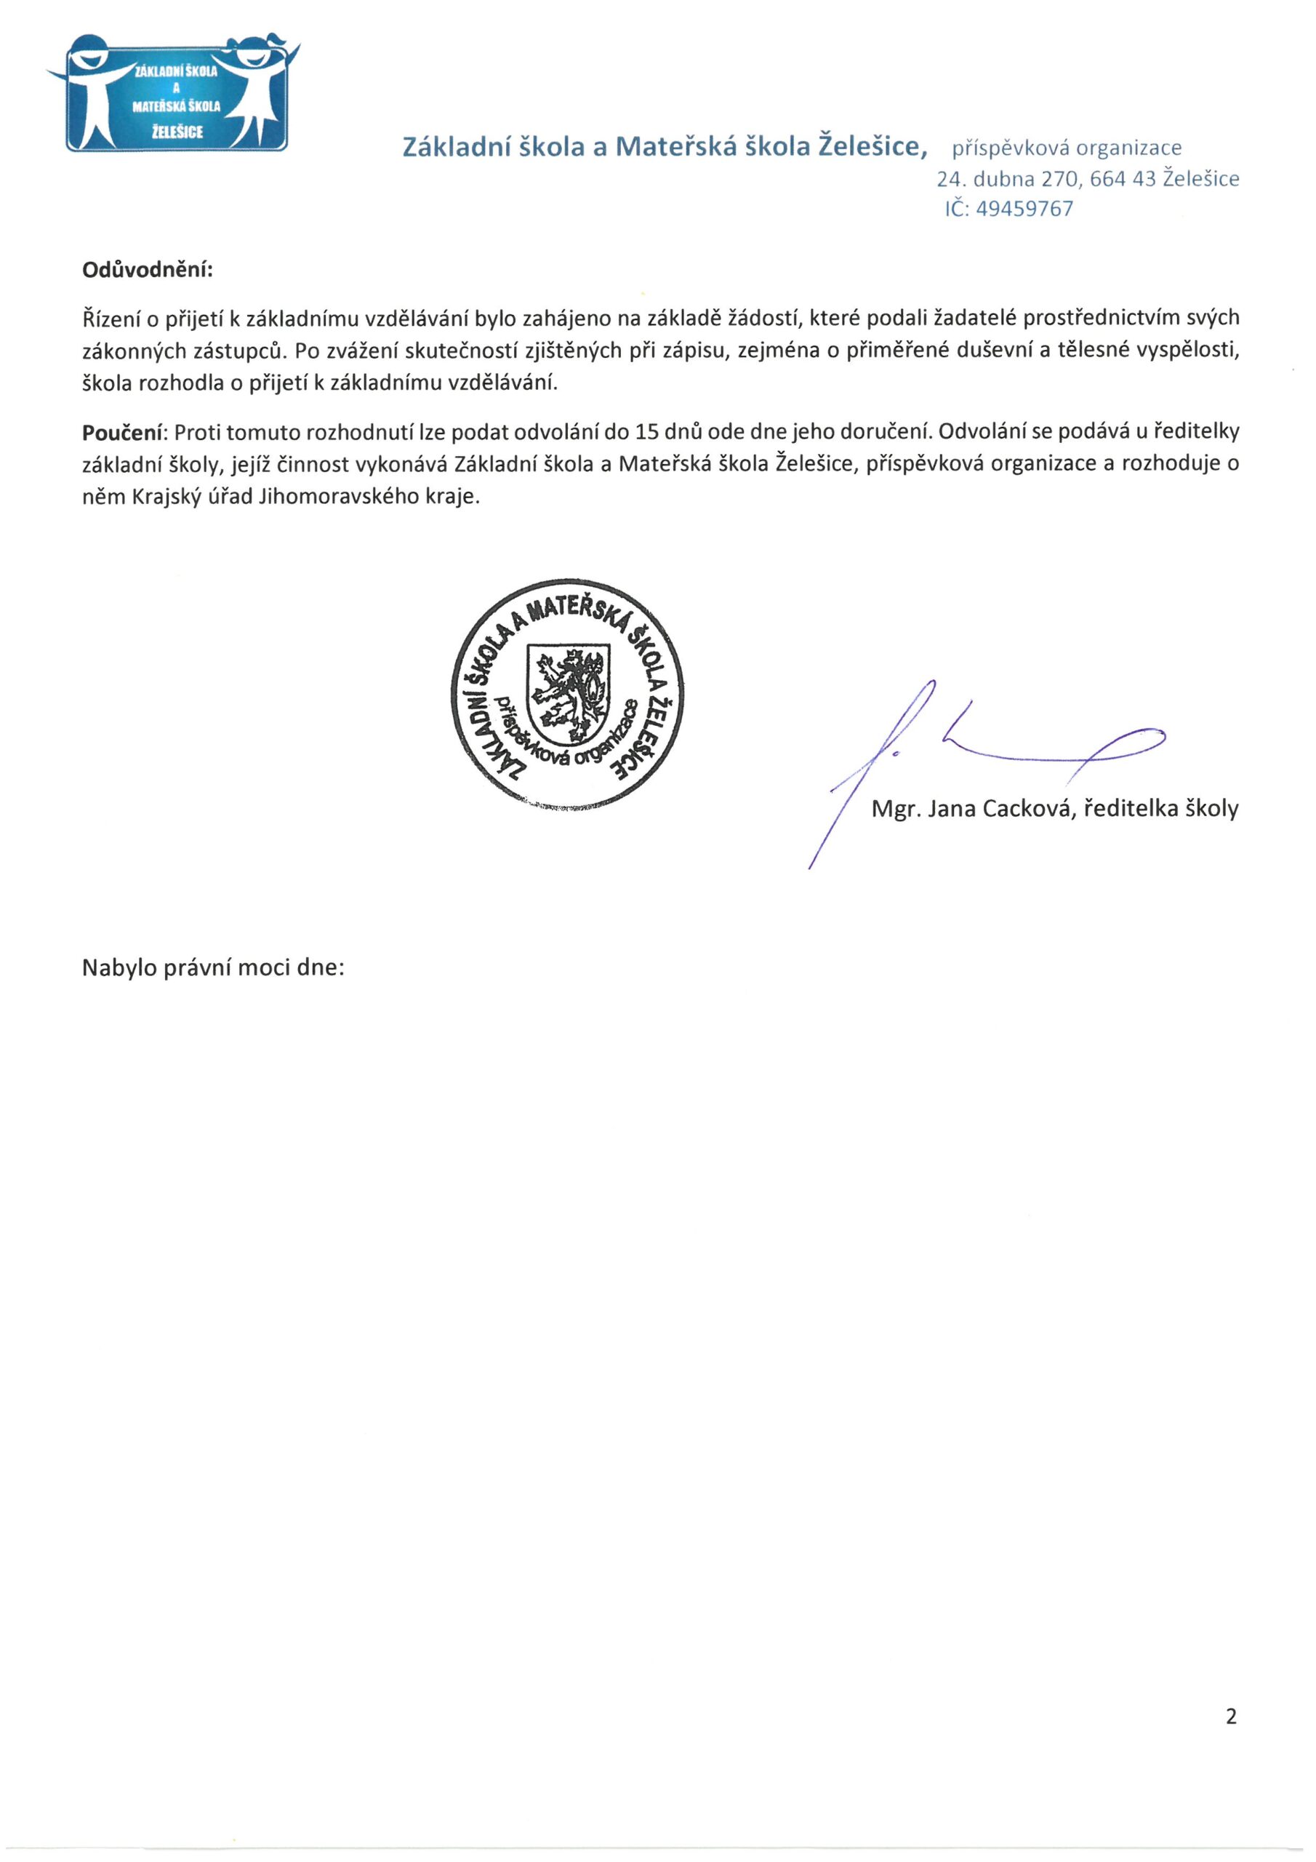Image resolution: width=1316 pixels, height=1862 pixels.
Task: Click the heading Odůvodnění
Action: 147,270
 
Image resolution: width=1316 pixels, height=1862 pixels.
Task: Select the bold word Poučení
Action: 124,432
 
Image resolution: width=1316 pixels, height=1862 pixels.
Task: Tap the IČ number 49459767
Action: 1025,209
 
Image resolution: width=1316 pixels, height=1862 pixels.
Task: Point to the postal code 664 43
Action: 1122,179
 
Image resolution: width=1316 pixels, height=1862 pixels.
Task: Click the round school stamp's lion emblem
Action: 568,692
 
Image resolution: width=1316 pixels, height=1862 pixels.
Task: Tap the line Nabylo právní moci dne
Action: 213,968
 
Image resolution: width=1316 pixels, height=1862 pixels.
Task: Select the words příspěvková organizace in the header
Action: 1067,148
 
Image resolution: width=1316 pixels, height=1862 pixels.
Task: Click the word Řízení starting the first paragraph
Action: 110,318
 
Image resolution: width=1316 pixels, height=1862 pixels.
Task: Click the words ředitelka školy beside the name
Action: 1160,809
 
